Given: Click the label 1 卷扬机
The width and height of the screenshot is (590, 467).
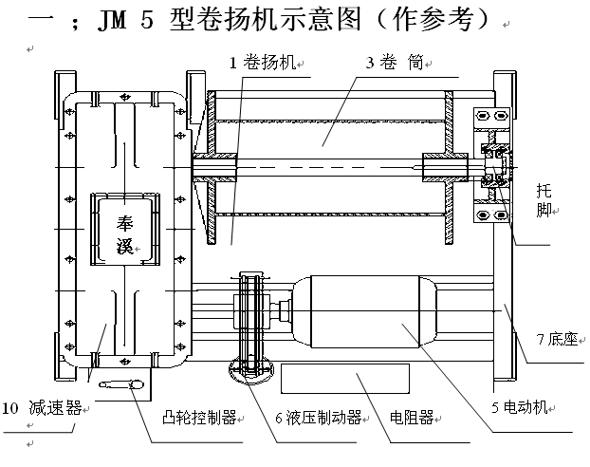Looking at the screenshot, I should [x=263, y=64].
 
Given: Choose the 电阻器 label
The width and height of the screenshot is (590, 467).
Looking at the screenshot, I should [x=410, y=417].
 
